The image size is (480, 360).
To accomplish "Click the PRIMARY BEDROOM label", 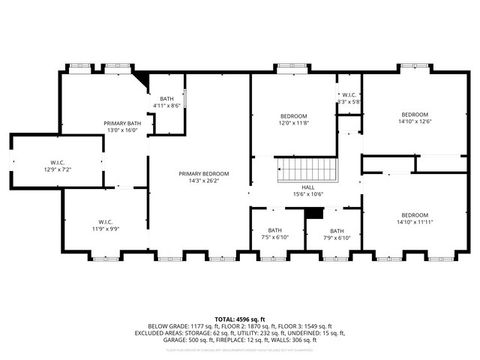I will click(198, 174).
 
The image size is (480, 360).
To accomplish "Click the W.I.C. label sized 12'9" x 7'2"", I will click(58, 163).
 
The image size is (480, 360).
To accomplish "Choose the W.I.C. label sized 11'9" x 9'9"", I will click(105, 221).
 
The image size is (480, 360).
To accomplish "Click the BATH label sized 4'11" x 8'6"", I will click(166, 99).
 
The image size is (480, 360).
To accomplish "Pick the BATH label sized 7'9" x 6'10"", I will click(337, 231).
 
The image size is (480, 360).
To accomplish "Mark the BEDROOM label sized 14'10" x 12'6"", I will click(415, 115).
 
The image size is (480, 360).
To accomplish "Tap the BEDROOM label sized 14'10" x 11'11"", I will click(415, 215).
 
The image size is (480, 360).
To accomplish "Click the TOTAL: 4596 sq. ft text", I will click(240, 318).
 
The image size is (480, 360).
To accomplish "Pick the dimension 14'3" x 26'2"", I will click(198, 180).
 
